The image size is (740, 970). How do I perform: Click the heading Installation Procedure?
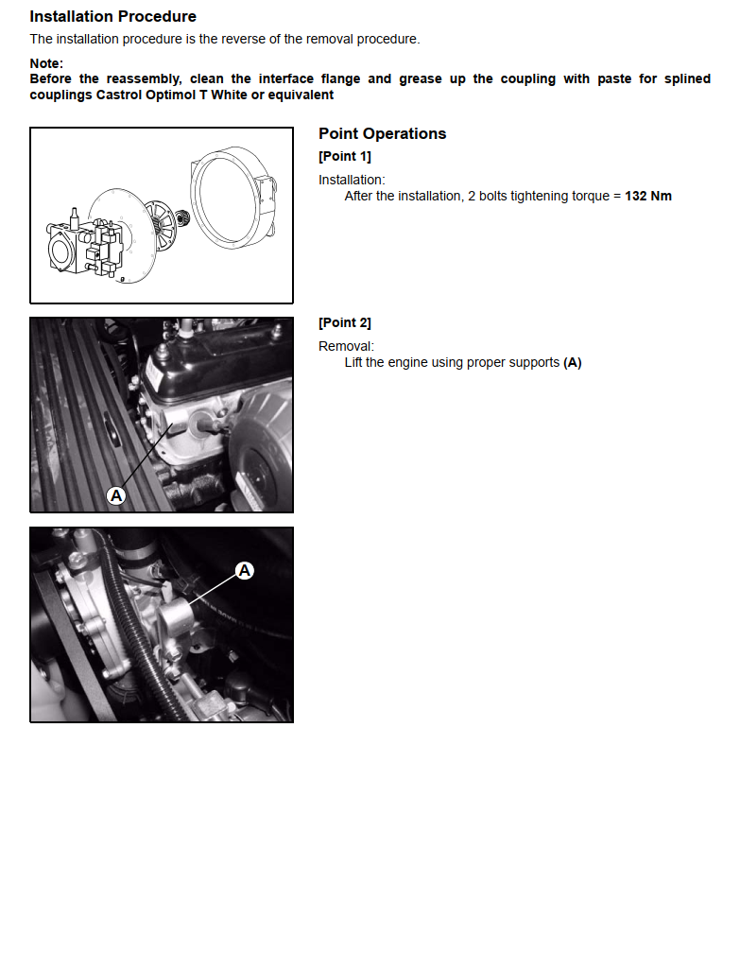click(x=113, y=17)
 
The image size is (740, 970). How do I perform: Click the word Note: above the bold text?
click(x=46, y=63)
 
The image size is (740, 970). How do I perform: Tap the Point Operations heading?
click(x=382, y=133)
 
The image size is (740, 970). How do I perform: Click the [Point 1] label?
click(x=345, y=156)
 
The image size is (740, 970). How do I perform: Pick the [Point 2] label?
click(x=345, y=322)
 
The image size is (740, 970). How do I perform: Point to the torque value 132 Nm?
click(x=648, y=196)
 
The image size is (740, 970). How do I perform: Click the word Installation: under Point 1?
click(x=352, y=180)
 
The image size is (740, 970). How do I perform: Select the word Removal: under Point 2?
click(x=346, y=346)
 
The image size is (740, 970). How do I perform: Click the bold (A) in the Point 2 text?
click(x=573, y=362)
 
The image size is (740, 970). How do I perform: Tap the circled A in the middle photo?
click(x=116, y=495)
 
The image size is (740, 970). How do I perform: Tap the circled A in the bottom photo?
click(x=245, y=570)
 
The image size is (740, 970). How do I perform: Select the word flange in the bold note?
click(x=340, y=79)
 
